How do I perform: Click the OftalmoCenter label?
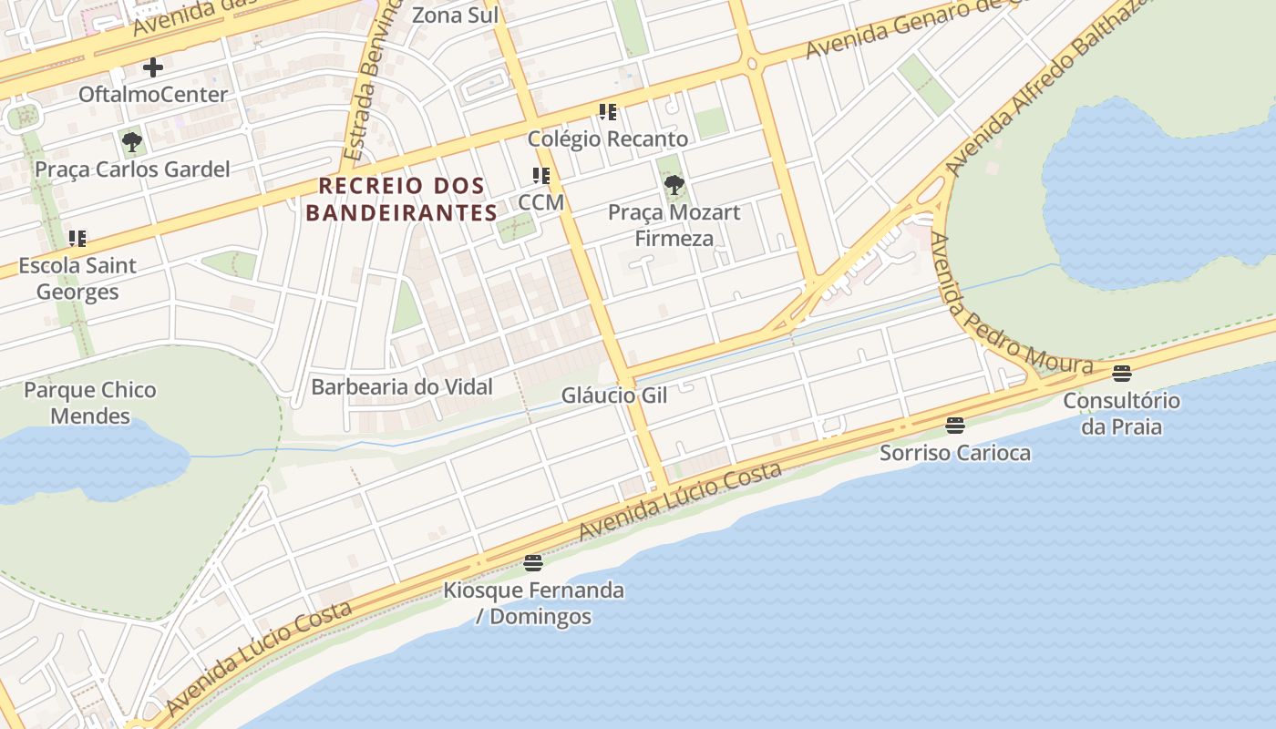(153, 95)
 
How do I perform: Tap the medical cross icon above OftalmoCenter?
(153, 67)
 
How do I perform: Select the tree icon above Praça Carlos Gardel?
(132, 142)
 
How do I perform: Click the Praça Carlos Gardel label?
(132, 169)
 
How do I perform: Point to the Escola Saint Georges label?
(77, 279)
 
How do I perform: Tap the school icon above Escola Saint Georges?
(77, 239)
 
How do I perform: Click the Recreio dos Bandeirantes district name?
(401, 200)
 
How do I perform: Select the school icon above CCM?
(541, 176)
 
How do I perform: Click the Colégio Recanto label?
(608, 139)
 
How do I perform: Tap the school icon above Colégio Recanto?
(608, 112)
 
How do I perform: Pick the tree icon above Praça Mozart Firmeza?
(674, 186)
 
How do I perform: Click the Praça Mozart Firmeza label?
(674, 226)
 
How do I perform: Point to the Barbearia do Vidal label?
(402, 387)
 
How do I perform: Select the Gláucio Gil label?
(614, 395)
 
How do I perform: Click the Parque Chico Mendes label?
(90, 403)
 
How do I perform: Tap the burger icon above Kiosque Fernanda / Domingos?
(533, 563)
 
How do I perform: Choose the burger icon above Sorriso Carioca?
(955, 425)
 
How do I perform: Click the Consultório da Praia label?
(1121, 414)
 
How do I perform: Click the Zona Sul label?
(456, 15)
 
